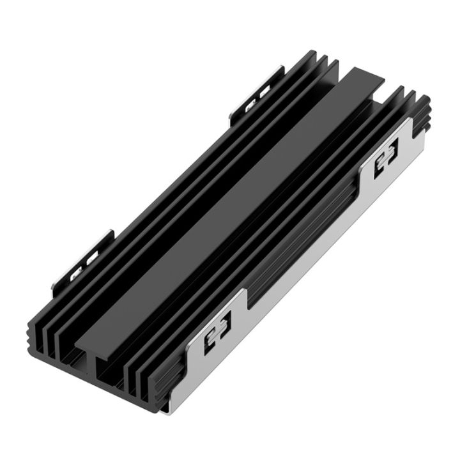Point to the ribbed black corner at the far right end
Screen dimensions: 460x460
[422, 115]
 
